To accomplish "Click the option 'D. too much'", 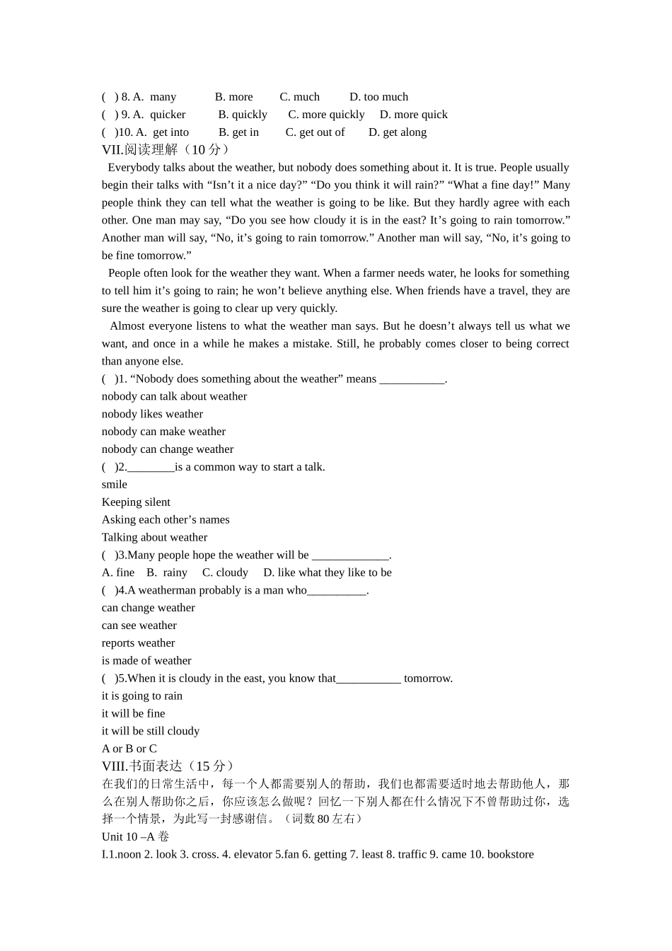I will (378, 97).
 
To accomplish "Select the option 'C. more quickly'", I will (326, 115).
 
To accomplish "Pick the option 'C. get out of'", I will (315, 132).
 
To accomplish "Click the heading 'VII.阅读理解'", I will (140, 149).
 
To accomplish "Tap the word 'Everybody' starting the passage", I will (134, 168).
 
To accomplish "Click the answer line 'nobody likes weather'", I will (152, 414).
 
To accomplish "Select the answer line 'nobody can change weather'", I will (168, 449).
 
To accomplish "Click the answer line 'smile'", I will (115, 485).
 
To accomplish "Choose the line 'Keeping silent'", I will (136, 502).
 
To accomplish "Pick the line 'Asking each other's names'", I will (166, 519).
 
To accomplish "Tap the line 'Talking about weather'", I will (154, 537).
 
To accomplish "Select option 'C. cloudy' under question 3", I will (225, 572).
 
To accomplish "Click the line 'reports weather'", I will (138, 643).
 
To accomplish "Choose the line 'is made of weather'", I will (146, 661).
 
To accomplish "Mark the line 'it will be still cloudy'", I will (151, 731).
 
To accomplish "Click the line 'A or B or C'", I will (129, 749).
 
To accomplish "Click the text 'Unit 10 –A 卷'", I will (135, 836).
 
